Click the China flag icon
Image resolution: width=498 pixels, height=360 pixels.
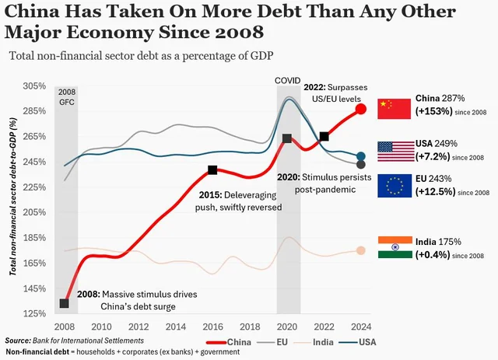393,108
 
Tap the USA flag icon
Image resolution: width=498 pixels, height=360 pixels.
393,151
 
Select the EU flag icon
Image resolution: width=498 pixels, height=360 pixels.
393,186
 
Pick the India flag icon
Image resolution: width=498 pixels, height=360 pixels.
393,246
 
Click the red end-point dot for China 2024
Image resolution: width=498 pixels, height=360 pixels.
361,109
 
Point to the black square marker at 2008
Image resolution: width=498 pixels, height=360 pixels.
65,303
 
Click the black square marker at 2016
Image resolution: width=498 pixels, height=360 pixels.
212,170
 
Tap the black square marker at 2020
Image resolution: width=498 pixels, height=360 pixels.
287,138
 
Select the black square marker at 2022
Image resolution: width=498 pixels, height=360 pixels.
324,136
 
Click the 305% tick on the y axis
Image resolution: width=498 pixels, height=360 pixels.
36,86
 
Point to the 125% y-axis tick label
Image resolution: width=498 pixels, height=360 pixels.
36,313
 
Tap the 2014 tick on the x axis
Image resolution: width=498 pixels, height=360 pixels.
176,327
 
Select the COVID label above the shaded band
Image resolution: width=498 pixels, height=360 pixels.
287,80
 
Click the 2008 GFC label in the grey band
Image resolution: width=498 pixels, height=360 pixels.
67,96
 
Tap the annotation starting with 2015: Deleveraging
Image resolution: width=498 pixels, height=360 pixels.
238,201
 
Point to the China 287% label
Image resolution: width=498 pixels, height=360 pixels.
440,99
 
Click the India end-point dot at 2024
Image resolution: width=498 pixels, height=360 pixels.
361,250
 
